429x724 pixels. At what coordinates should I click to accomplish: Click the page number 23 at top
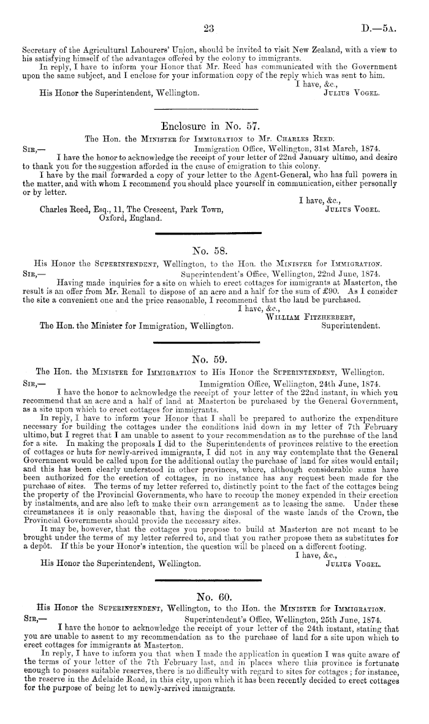pos(206,28)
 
